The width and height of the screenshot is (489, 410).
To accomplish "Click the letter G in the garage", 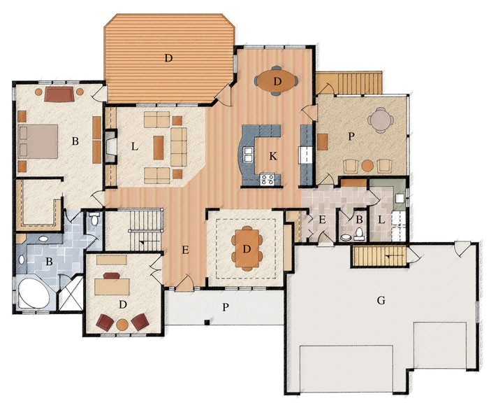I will pos(381,300).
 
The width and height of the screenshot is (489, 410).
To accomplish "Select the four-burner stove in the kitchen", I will pos(268,179).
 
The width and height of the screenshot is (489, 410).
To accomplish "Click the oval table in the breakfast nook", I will pos(277,81).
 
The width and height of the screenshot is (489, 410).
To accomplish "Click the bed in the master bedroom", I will pos(38,141).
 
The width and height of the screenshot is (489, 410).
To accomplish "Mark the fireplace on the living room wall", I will pos(110,148).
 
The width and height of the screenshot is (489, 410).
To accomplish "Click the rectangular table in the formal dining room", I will pos(247,248).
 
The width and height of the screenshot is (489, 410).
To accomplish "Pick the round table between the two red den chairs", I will pos(123,324).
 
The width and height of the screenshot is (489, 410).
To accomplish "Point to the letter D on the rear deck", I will pos(168,58).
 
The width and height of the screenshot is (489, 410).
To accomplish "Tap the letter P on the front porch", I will pos(226,307).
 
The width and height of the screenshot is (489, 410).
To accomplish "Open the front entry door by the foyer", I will pos(184,283).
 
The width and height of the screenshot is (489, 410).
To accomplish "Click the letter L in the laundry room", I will pos(381,220).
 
